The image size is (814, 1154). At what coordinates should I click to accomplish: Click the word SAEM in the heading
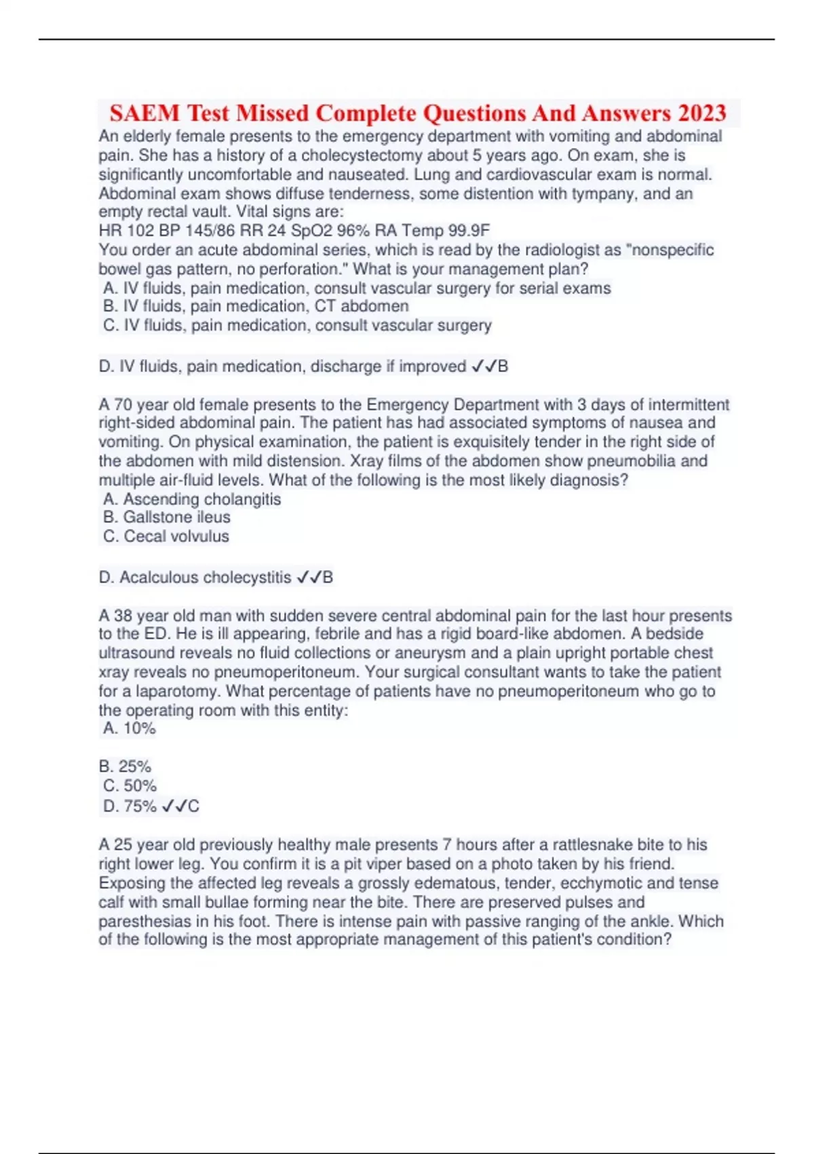point(144,113)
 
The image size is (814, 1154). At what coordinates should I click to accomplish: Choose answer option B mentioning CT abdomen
point(256,306)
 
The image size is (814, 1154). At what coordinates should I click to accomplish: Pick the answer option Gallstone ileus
point(167,517)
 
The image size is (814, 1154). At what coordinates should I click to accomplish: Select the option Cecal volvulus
point(167,536)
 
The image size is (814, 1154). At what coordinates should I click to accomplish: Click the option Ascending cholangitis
point(192,499)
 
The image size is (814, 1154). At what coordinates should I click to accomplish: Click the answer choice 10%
point(130,728)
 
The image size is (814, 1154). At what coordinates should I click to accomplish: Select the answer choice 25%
point(125,766)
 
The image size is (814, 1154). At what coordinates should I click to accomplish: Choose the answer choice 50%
point(130,786)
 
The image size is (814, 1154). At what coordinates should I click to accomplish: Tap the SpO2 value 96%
point(353,231)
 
